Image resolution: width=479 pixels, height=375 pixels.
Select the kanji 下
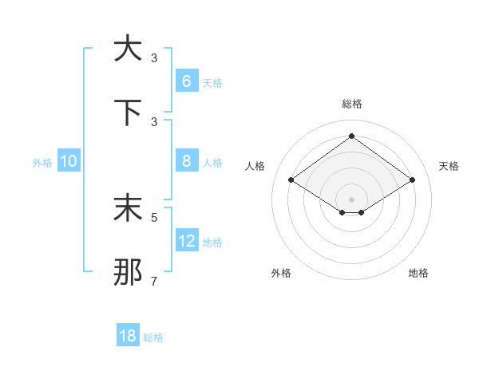(x=128, y=112)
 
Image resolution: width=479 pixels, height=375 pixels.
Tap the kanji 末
(x=128, y=208)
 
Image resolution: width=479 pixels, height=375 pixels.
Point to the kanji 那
(x=128, y=272)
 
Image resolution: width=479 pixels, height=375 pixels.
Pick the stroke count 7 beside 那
(x=154, y=281)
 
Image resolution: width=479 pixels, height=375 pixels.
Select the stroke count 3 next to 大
(x=154, y=57)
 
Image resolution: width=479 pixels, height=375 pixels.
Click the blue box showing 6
(x=186, y=81)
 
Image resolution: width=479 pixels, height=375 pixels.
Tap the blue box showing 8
(x=186, y=161)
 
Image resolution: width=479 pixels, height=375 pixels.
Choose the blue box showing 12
(x=186, y=241)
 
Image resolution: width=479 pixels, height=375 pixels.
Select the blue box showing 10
(x=69, y=161)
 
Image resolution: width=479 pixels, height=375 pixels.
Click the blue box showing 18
(x=128, y=336)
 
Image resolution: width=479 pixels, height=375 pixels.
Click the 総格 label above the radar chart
(x=351, y=104)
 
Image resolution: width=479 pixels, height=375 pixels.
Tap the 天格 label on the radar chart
(x=449, y=166)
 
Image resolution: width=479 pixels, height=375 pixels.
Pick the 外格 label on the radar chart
(x=280, y=274)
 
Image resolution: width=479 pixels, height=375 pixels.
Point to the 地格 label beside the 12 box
(x=212, y=242)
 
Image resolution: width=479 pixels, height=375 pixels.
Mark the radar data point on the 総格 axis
(x=351, y=136)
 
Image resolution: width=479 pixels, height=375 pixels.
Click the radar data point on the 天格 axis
(x=412, y=180)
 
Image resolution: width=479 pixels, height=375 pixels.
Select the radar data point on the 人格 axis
(x=291, y=180)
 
